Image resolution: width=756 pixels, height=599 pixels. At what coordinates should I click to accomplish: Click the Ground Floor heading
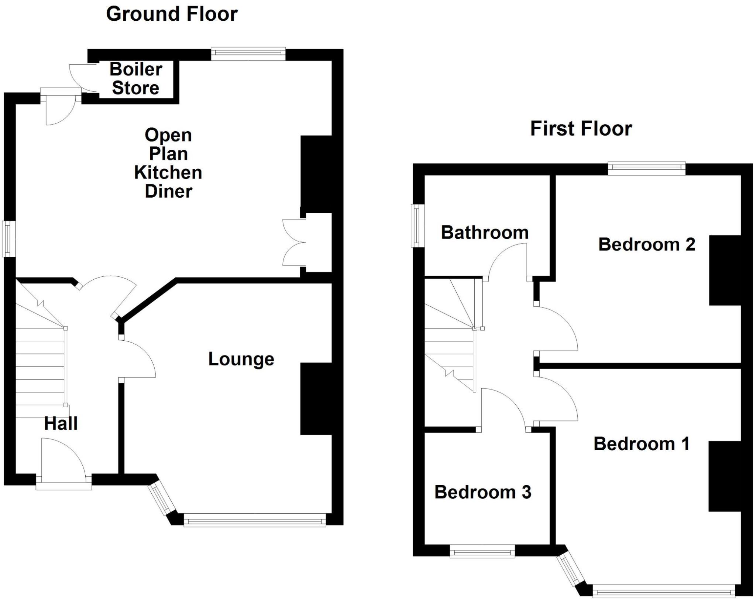pos(172,14)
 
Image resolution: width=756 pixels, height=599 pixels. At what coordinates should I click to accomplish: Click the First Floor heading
pos(581,129)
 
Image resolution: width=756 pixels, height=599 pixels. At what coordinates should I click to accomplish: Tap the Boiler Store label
pos(136,79)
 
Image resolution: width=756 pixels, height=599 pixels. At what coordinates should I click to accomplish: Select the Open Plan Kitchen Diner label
pos(168,163)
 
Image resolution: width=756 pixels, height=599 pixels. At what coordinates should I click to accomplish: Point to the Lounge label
pos(241,359)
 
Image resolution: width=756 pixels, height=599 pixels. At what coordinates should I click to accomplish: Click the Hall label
pos(61,423)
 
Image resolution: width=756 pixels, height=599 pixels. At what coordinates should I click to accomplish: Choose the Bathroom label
pos(485,232)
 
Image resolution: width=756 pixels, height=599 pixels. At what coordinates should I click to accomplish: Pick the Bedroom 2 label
pos(647,244)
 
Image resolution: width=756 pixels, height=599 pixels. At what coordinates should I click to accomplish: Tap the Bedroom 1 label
pos(642,444)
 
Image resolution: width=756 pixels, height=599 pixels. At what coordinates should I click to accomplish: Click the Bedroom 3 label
pos(483,492)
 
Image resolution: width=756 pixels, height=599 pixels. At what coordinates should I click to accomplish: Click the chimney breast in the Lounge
pos(316,399)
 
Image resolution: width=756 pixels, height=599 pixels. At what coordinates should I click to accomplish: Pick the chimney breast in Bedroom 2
pos(725,270)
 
